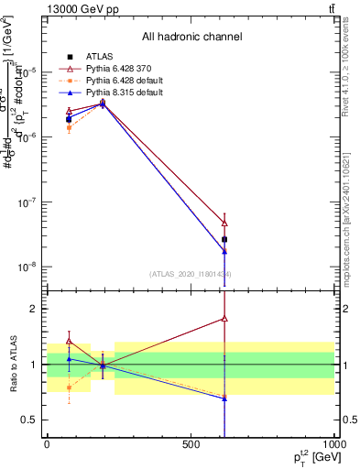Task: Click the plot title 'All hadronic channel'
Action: pyautogui.click(x=191, y=37)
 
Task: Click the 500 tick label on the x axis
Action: pyautogui.click(x=191, y=443)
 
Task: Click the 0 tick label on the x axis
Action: pyautogui.click(x=47, y=443)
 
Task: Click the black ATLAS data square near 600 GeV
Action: pyautogui.click(x=224, y=239)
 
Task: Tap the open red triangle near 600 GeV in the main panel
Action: pyautogui.click(x=224, y=223)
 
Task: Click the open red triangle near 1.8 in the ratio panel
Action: pyautogui.click(x=224, y=319)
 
